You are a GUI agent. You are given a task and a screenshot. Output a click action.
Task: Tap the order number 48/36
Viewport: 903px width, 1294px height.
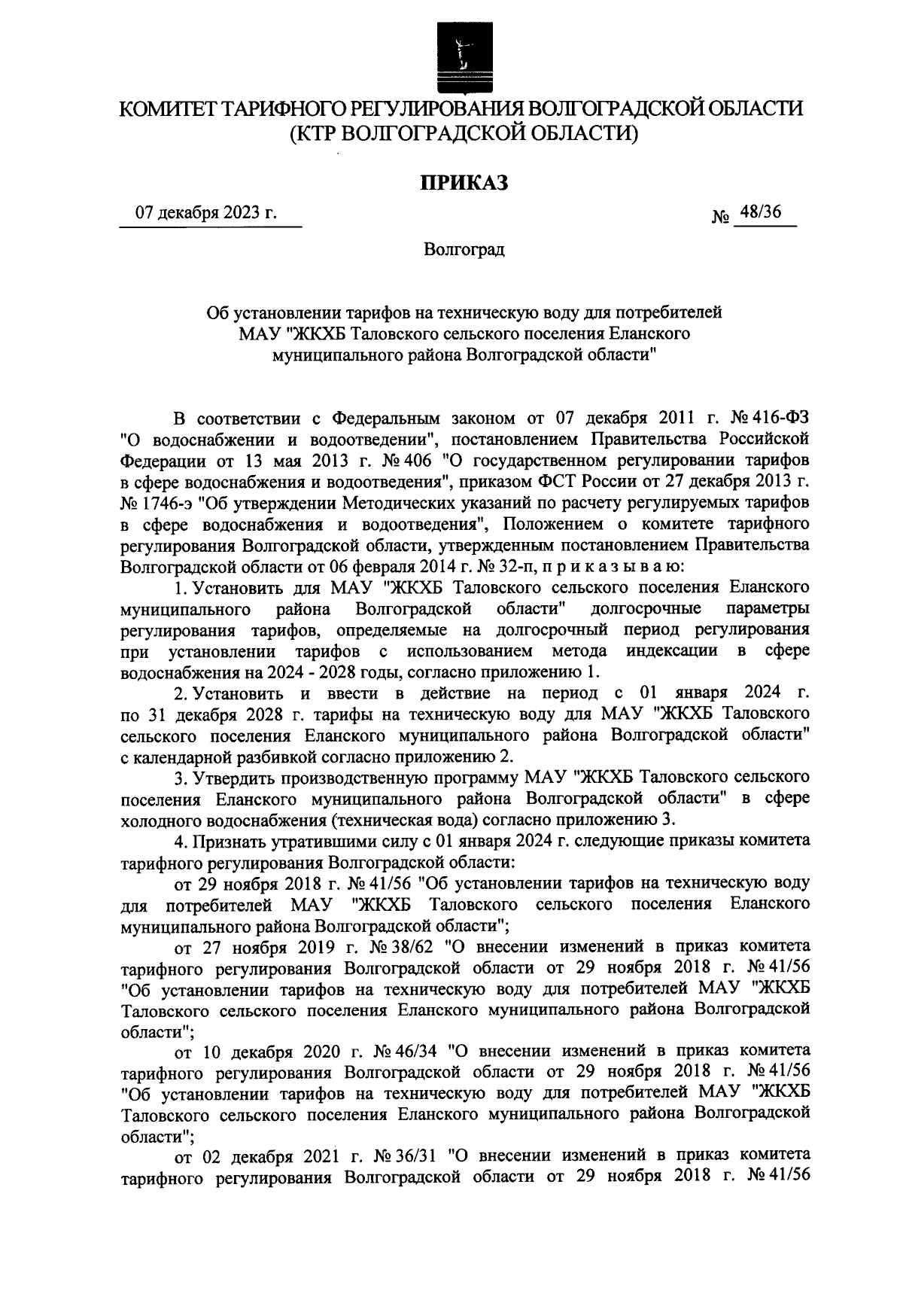(760, 213)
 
